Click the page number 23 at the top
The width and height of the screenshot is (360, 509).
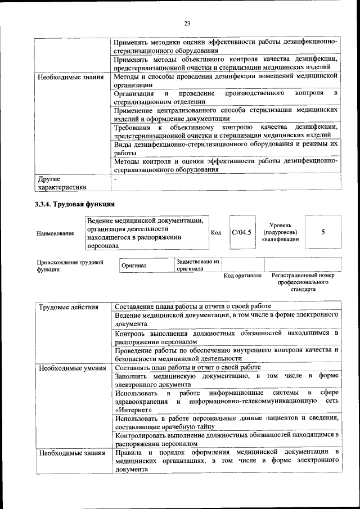click(187, 22)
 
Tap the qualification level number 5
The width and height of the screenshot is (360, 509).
click(322, 232)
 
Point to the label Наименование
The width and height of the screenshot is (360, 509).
click(55, 233)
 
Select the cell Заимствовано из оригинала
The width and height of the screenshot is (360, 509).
click(197, 265)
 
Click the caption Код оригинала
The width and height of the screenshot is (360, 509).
click(242, 276)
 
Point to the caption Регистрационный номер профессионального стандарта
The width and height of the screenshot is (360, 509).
click(303, 282)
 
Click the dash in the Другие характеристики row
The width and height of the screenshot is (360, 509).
click(115, 179)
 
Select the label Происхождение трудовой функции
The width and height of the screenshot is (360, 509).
click(70, 265)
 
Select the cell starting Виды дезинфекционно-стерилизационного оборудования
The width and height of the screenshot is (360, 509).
click(226, 148)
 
